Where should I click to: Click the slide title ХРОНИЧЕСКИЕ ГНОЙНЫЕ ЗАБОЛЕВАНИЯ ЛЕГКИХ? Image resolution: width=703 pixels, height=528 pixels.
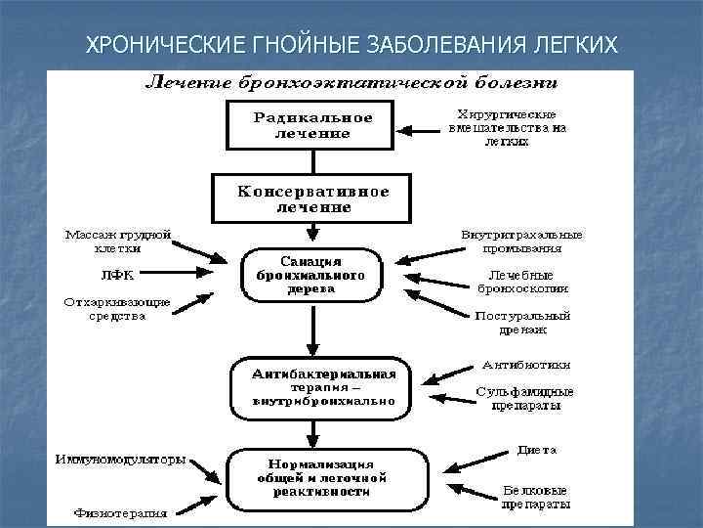(351, 45)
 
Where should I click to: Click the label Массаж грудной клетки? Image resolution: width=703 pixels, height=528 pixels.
(118, 242)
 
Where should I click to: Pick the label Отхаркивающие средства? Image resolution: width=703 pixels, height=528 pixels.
(117, 308)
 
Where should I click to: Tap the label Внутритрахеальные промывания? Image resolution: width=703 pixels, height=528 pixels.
(522, 242)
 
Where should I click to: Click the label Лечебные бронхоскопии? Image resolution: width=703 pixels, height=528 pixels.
(522, 282)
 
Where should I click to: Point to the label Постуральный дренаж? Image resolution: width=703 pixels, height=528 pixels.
(522, 323)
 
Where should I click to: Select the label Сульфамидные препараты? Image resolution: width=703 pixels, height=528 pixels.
(524, 397)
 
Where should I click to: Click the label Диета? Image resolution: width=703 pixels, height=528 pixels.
(537, 450)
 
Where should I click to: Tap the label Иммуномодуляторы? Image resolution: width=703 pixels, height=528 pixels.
(120, 460)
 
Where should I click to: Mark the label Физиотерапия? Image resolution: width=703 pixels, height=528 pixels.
(120, 511)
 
